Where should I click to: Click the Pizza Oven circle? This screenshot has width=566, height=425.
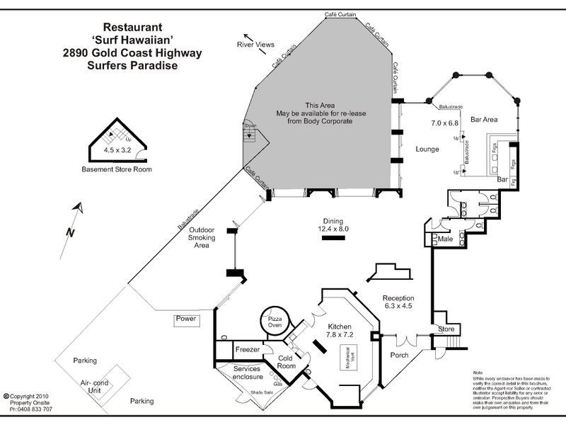pyautogui.click(x=274, y=321)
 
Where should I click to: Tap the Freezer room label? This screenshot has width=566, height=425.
pyautogui.click(x=248, y=350)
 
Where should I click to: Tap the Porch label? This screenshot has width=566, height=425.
pyautogui.click(x=399, y=356)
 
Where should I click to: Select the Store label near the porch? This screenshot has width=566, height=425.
pyautogui.click(x=446, y=329)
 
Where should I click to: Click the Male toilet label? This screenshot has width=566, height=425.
pyautogui.click(x=444, y=239)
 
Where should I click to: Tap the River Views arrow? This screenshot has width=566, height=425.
pyautogui.click(x=248, y=38)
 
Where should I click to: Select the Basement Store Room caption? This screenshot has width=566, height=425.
pyautogui.click(x=117, y=170)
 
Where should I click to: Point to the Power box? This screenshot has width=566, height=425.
pyautogui.click(x=186, y=319)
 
